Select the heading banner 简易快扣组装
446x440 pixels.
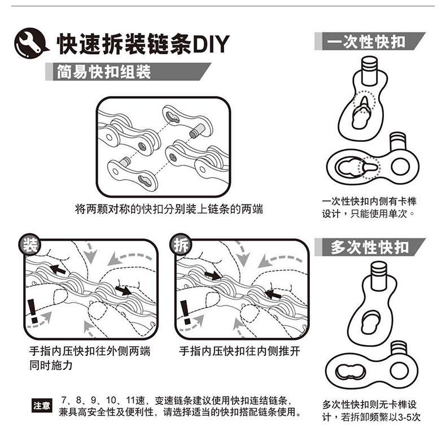pos(104,72)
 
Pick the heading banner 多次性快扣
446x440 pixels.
pos(370,247)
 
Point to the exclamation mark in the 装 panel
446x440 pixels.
pos(33,311)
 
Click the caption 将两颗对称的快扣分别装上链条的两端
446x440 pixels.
pos(169,210)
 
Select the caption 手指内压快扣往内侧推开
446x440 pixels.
pos(239,351)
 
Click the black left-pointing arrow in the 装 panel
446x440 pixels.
pos(56,268)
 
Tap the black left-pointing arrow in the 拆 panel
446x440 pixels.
pos(273,294)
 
